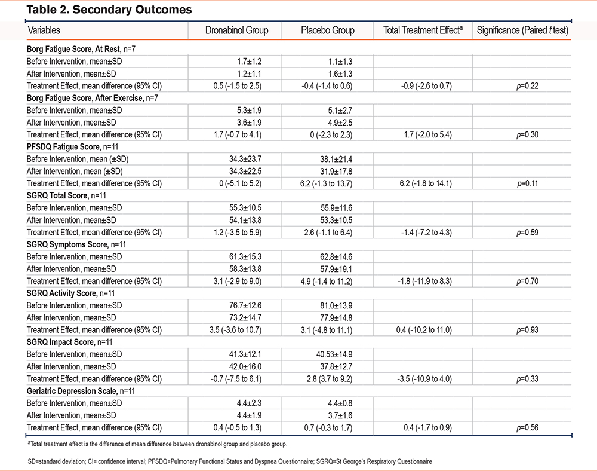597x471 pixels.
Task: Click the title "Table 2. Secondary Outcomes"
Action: click(109, 10)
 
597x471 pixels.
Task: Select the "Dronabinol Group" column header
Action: click(237, 30)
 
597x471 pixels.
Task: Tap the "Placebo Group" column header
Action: click(328, 30)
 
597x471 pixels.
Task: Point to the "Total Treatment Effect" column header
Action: click(423, 30)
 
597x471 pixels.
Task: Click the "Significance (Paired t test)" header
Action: click(522, 30)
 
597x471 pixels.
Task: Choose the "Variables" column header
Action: click(44, 30)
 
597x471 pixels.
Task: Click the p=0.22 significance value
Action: click(527, 86)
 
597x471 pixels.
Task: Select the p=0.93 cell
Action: click(527, 330)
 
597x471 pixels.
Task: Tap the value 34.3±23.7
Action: click(245, 159)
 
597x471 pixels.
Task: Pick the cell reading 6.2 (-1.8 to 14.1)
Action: click(426, 183)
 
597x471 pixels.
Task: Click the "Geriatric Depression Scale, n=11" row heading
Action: click(81, 391)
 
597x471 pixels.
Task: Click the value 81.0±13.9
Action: click(336, 305)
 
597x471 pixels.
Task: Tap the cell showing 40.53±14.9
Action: click(334, 354)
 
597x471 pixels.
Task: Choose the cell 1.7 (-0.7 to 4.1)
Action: click(238, 135)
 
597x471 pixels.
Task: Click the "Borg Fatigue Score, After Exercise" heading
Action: click(92, 98)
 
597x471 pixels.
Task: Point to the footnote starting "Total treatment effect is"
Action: click(157, 444)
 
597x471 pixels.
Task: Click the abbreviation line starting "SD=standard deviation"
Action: click(230, 461)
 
